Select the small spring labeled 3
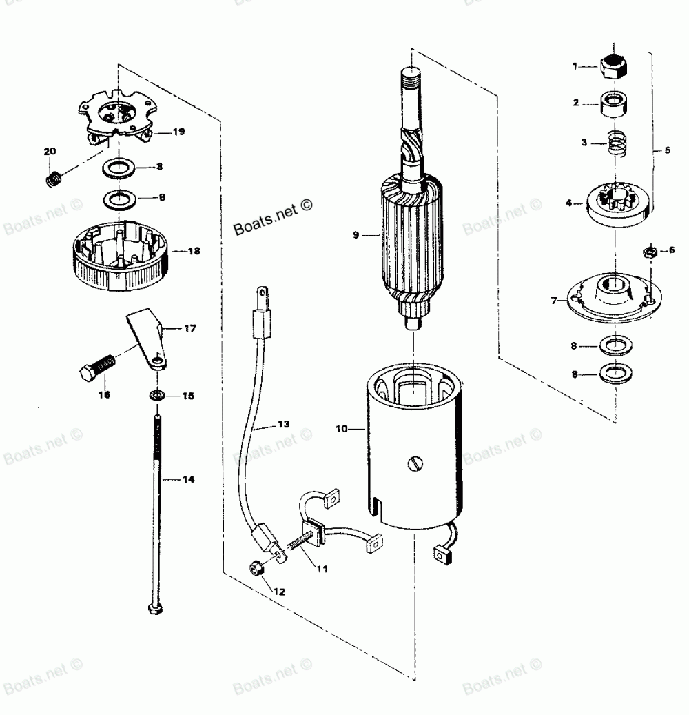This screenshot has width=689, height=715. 615,146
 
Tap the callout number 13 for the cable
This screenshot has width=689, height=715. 283,423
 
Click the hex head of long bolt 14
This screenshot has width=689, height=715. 155,608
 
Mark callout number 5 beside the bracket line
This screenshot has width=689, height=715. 667,150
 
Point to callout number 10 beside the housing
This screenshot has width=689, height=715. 342,430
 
